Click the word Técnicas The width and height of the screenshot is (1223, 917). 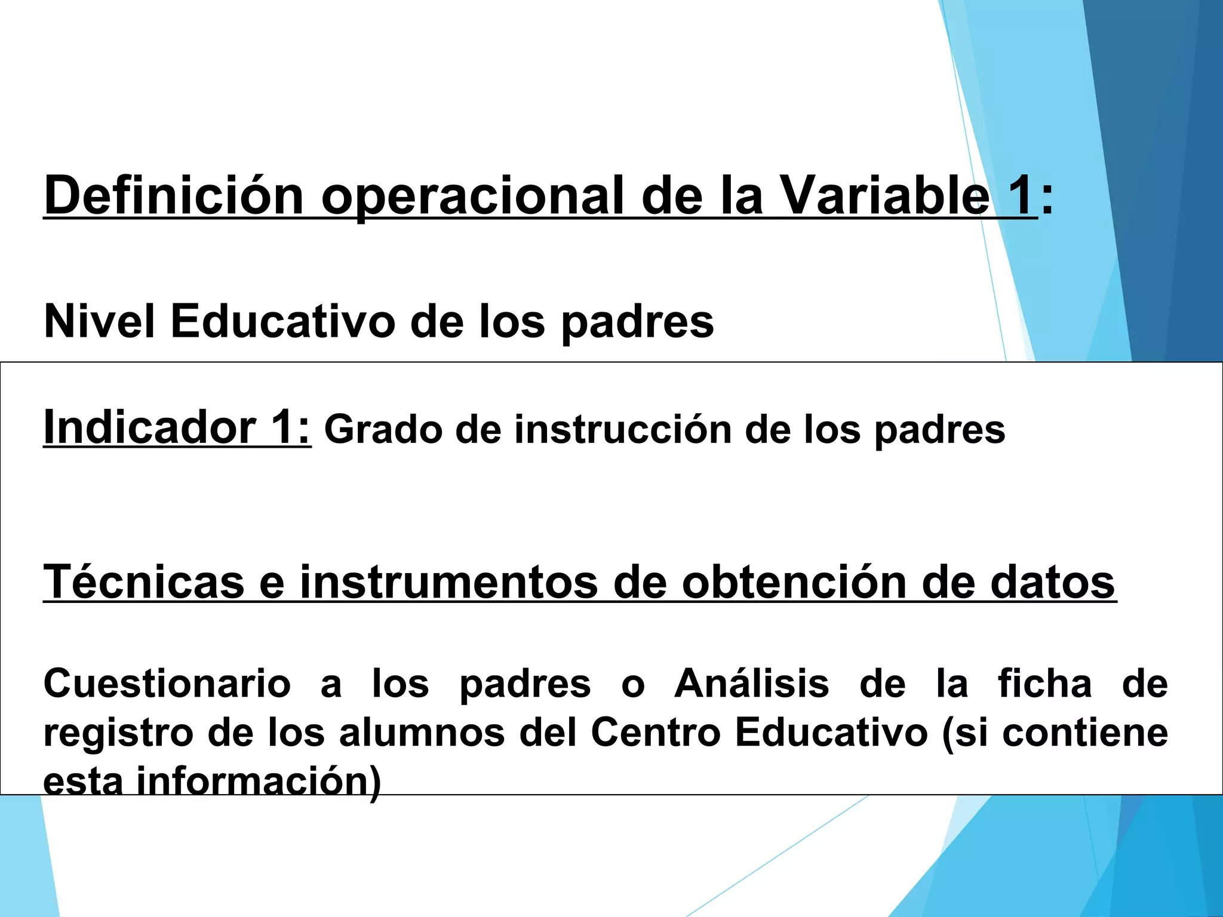point(144,582)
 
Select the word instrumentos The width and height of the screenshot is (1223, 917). point(448,582)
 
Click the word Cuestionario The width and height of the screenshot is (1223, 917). point(167,684)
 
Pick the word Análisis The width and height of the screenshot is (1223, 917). point(752,684)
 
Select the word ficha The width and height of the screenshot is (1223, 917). point(1045,684)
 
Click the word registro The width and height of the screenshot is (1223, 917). point(118,734)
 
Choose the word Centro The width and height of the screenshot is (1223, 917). point(656,733)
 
